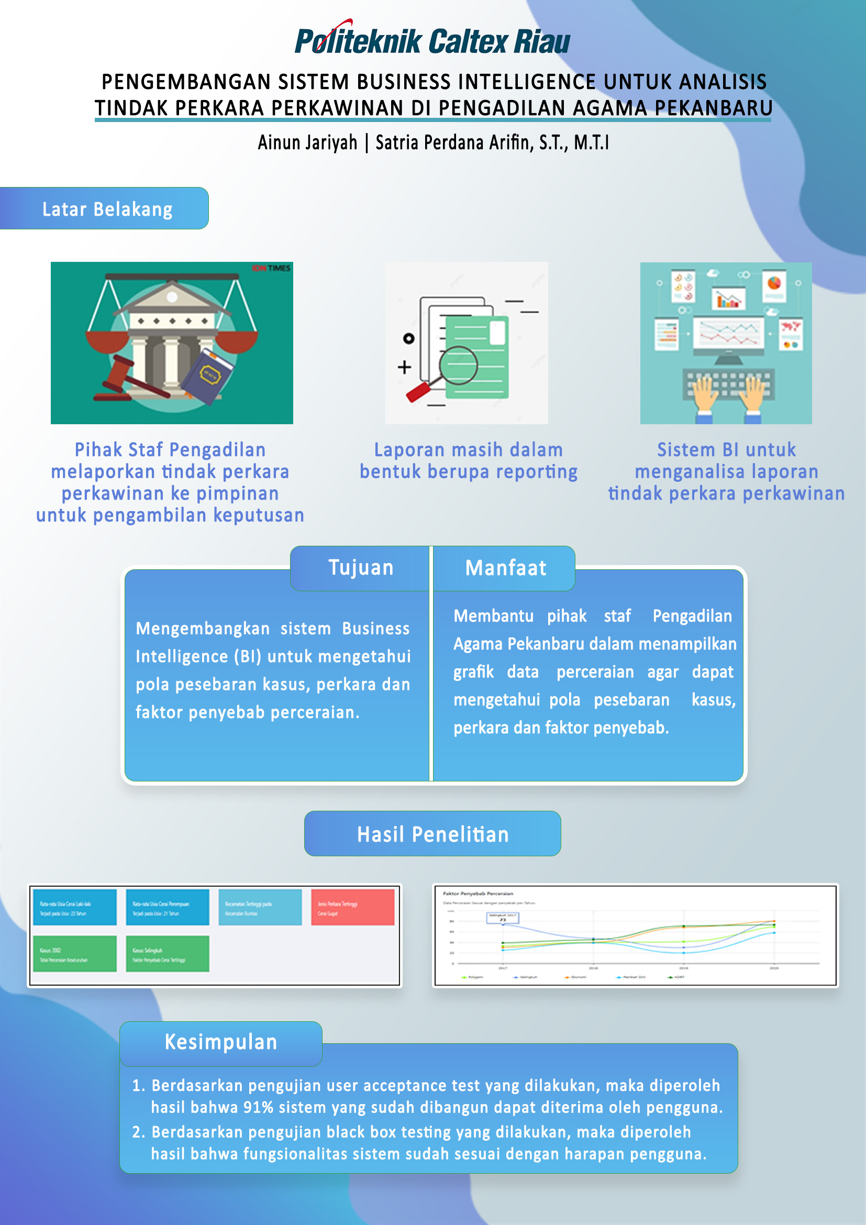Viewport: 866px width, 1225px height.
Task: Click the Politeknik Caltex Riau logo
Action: pyautogui.click(x=432, y=40)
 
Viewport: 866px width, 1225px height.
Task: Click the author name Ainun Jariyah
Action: pyautogui.click(x=307, y=143)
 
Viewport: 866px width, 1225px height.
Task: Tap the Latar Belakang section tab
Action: pyautogui.click(x=107, y=209)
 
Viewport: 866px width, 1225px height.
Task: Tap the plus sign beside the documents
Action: pyautogui.click(x=404, y=367)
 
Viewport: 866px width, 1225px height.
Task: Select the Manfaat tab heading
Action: pyautogui.click(x=506, y=568)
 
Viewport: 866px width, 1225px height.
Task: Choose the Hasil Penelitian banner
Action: pyautogui.click(x=432, y=834)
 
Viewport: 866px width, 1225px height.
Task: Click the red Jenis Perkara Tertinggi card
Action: pyautogui.click(x=352, y=908)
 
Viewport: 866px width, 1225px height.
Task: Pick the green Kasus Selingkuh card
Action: pyautogui.click(x=168, y=954)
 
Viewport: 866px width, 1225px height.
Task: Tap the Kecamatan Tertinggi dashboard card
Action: pyautogui.click(x=260, y=908)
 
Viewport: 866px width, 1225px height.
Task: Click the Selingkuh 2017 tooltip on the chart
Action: pyautogui.click(x=502, y=917)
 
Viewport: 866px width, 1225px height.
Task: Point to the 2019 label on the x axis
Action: pyautogui.click(x=683, y=968)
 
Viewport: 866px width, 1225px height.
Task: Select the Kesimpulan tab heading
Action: pyautogui.click(x=221, y=1042)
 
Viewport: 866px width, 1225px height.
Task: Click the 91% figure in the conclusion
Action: pyautogui.click(x=258, y=1108)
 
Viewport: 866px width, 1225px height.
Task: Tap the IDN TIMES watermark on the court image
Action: pyautogui.click(x=272, y=268)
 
